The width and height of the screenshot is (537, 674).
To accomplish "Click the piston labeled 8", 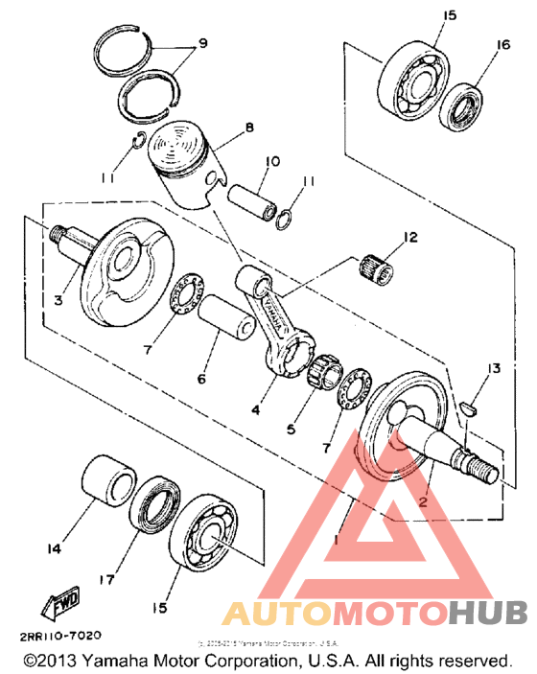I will (x=188, y=162).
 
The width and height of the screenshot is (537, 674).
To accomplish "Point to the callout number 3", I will (x=58, y=300).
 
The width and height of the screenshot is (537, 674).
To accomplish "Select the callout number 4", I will (x=256, y=409).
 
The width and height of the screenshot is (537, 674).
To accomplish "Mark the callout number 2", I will (x=421, y=500).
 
